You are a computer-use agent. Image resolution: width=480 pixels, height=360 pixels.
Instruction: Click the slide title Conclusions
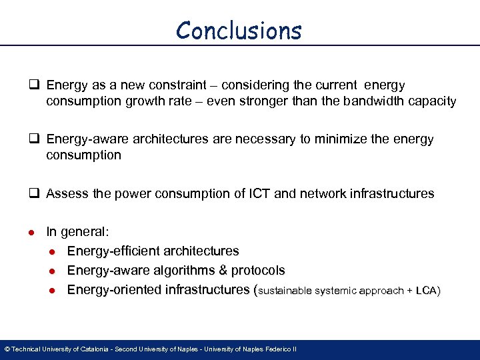pyautogui.click(x=239, y=31)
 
